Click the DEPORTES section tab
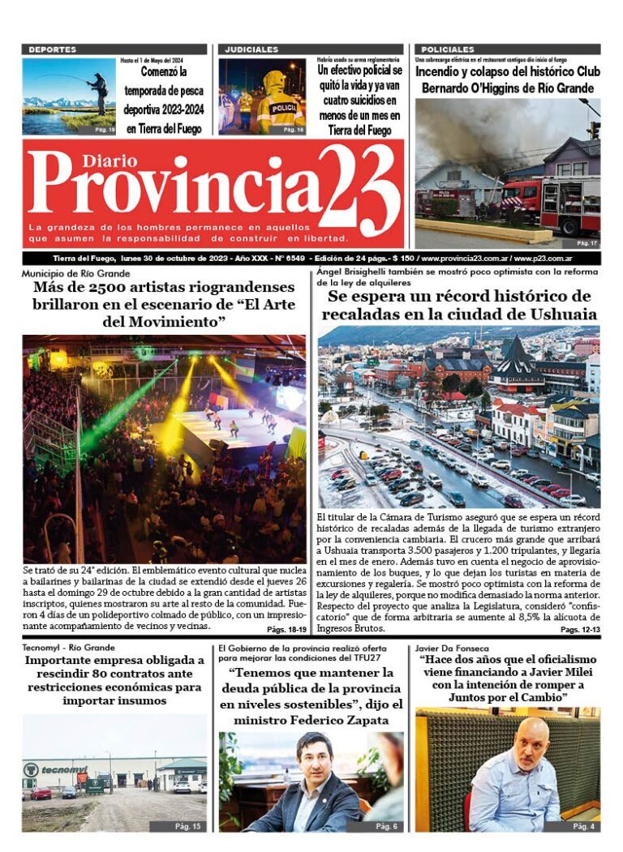point(52,49)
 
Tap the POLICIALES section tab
point(448,49)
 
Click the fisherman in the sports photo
point(98,92)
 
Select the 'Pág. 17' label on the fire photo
point(586,242)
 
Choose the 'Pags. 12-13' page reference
point(579,629)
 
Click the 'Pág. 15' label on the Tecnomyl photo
point(187,825)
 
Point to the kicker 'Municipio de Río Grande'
point(75,273)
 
